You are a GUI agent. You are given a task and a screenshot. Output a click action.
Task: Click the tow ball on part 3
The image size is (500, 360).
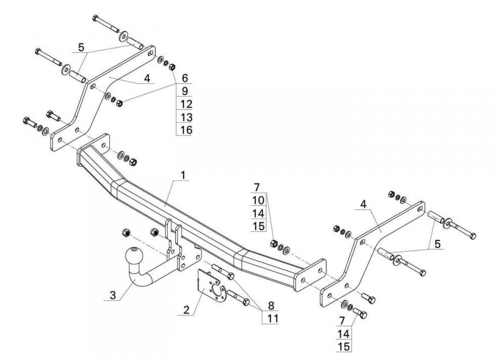pos(134,256)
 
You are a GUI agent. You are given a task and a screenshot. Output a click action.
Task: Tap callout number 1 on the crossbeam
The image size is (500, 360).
pos(183,175)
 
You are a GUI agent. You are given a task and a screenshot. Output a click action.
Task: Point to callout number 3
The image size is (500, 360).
pos(113,295)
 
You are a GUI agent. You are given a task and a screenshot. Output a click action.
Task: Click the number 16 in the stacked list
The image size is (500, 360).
pos(186,130)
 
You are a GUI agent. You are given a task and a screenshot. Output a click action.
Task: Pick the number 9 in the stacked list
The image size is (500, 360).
pos(185,91)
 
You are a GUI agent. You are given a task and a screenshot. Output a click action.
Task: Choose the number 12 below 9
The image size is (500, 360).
pos(186,104)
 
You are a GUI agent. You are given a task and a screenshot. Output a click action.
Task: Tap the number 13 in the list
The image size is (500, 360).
pos(186,117)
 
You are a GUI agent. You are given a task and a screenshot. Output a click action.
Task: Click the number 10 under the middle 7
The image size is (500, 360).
pos(258,200)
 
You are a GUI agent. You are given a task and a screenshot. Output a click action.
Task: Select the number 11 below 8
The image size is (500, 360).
pos(273,318)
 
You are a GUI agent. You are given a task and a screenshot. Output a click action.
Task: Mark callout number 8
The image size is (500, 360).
pos(271,305)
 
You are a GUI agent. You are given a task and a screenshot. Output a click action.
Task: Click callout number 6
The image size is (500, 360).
pos(185,78)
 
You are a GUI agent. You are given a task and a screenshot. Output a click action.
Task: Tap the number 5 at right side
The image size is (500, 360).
pos(438,244)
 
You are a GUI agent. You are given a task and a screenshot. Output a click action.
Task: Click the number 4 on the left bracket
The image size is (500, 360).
pos(147,78)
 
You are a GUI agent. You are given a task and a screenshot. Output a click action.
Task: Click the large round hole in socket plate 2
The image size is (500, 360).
pos(216,290)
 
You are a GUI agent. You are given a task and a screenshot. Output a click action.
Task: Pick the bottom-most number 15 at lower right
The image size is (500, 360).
pos(344,347)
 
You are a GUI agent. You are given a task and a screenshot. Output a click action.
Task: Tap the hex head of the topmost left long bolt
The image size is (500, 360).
pos(95,18)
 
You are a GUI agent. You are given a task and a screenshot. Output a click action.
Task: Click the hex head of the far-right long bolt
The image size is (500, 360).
pos(472,236)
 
